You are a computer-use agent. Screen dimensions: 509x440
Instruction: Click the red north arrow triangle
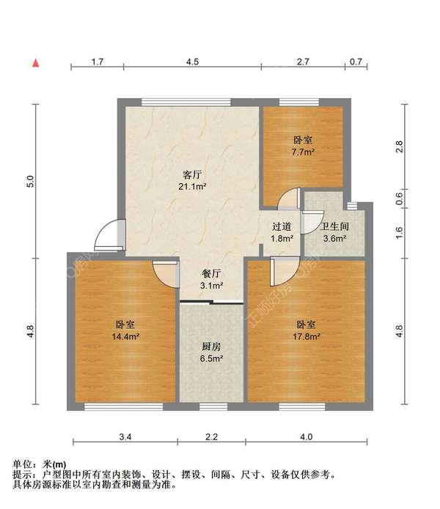click(34, 63)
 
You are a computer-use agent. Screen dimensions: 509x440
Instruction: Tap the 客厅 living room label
click(192, 175)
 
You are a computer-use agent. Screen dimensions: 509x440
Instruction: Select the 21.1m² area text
click(192, 187)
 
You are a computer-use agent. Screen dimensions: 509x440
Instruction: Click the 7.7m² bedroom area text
click(303, 152)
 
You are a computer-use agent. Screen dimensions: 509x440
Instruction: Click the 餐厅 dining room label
click(212, 274)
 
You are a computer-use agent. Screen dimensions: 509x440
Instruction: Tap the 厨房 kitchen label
click(212, 347)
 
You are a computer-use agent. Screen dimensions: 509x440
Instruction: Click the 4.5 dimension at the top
click(192, 62)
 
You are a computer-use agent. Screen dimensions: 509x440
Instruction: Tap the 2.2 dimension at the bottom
click(211, 437)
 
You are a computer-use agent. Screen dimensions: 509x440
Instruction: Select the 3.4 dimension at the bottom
click(125, 437)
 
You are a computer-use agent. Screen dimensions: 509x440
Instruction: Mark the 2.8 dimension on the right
click(400, 146)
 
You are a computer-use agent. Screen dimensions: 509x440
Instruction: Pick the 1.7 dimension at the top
click(97, 62)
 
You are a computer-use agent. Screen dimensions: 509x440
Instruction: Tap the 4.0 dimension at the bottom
click(306, 437)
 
